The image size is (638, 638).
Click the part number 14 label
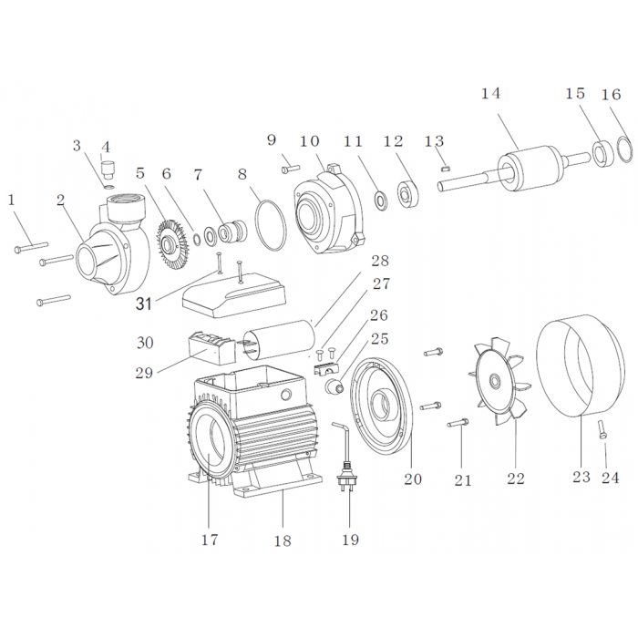tap(491, 93)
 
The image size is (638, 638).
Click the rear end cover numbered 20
tap(376, 403)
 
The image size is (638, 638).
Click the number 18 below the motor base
tap(283, 540)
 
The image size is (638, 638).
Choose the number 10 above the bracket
tap(310, 141)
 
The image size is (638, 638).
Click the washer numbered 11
tap(380, 198)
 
